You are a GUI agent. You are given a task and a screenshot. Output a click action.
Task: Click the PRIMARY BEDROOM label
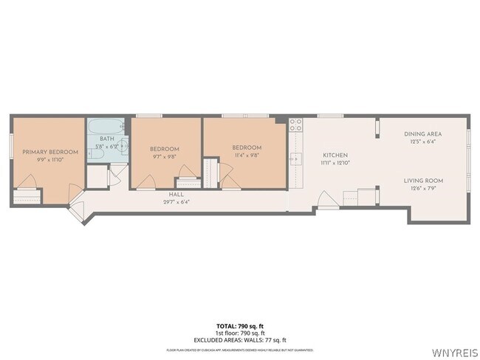(49, 152)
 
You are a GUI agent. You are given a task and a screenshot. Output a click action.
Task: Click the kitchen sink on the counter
(295, 158)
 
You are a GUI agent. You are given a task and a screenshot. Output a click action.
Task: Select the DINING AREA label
(423, 134)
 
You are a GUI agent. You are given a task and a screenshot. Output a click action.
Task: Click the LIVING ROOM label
(423, 181)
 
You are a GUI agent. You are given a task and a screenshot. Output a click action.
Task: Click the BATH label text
(107, 139)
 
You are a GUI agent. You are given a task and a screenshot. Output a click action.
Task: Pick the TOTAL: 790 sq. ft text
(239, 325)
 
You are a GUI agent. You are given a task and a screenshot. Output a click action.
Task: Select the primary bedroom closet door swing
(29, 181)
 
